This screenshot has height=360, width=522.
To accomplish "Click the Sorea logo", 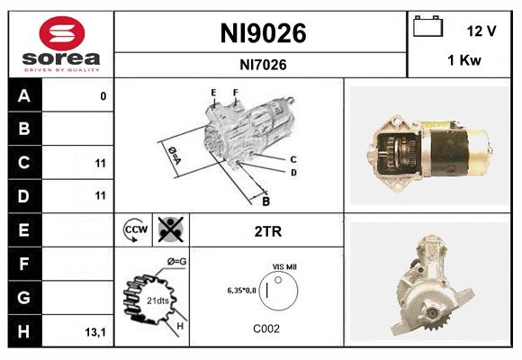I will click(61, 43).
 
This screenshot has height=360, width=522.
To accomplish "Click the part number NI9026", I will click(263, 34).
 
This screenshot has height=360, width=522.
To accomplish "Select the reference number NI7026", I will click(263, 64).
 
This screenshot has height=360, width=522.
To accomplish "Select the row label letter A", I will click(24, 96).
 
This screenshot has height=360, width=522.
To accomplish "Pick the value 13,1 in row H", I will click(94, 332).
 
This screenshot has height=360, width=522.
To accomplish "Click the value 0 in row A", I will click(103, 96).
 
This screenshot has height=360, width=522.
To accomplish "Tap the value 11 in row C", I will click(100, 164).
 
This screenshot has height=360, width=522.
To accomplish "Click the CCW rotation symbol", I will click(135, 230).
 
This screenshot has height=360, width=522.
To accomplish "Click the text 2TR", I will click(268, 231).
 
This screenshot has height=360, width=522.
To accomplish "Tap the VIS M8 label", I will click(285, 266).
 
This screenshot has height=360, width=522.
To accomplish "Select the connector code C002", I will click(267, 328).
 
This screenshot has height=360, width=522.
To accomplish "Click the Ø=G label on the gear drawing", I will click(176, 262).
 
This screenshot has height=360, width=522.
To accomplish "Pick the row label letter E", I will click(24, 230).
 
